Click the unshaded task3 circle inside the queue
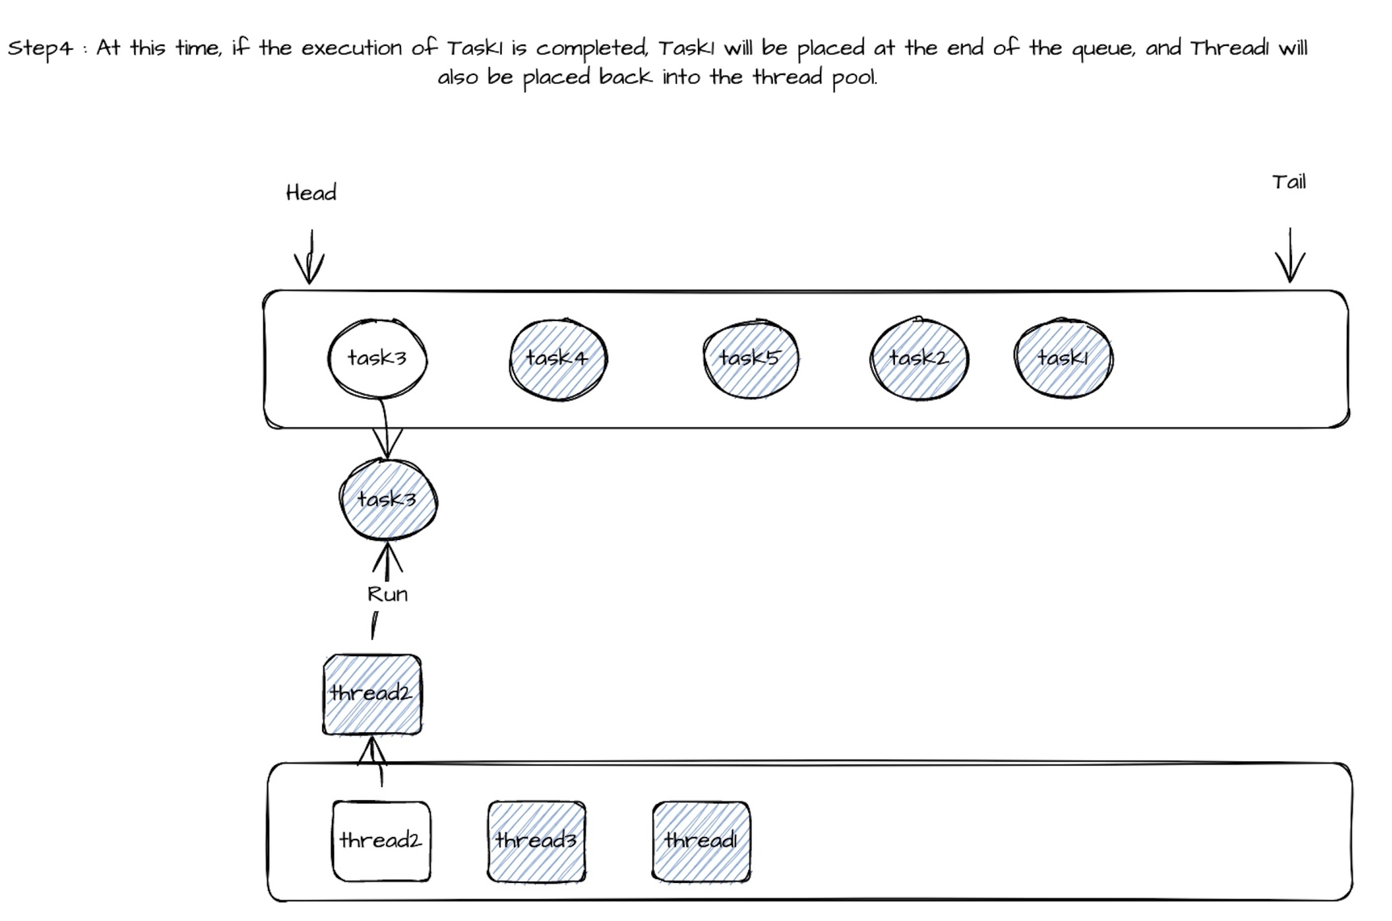pos(377,358)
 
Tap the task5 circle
pos(750,358)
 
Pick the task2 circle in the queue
pos(919,358)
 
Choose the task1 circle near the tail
pos(1063,358)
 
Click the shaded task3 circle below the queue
pos(388,499)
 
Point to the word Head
pos(311,193)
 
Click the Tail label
pos(1289,182)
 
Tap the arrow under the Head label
pos(309,257)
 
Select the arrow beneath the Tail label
pos(1290,255)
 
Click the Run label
pos(387,595)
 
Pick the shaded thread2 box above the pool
pos(372,695)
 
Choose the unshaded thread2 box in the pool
pos(382,841)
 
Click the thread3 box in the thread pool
pos(537,841)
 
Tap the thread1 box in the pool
pos(701,841)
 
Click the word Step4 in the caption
pos(40,49)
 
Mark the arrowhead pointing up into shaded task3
pos(387,555)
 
